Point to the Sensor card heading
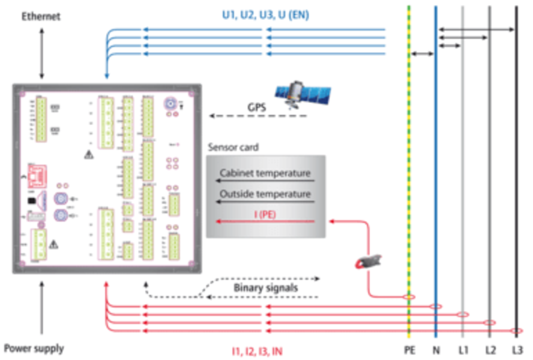(x=232, y=147)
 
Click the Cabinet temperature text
(x=265, y=174)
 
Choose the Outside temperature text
(x=265, y=194)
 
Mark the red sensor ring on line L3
(x=516, y=331)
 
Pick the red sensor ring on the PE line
(x=409, y=297)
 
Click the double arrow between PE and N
(x=423, y=54)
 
